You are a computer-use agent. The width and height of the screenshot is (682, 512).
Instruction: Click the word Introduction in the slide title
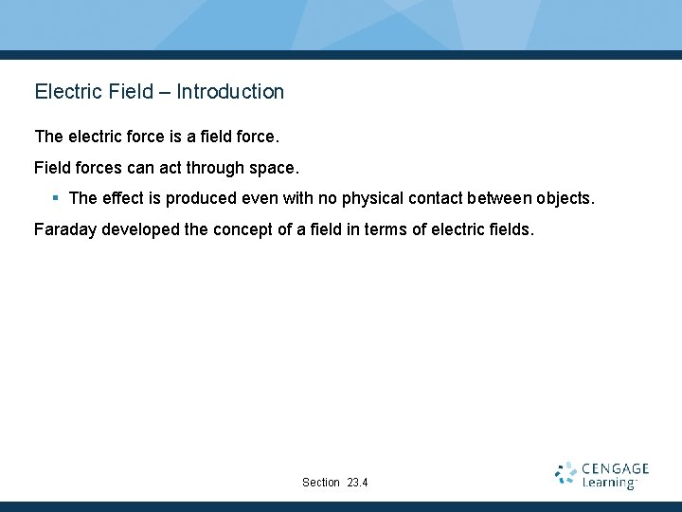(230, 92)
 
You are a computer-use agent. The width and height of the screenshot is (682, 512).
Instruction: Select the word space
(274, 168)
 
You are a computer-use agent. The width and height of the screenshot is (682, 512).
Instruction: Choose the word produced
(201, 198)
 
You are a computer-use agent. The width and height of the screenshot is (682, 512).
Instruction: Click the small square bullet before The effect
(56, 198)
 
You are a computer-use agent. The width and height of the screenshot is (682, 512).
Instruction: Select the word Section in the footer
(320, 483)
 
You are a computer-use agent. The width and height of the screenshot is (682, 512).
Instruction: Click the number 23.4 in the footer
(357, 483)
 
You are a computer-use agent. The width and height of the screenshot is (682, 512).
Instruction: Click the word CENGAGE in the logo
(615, 468)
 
